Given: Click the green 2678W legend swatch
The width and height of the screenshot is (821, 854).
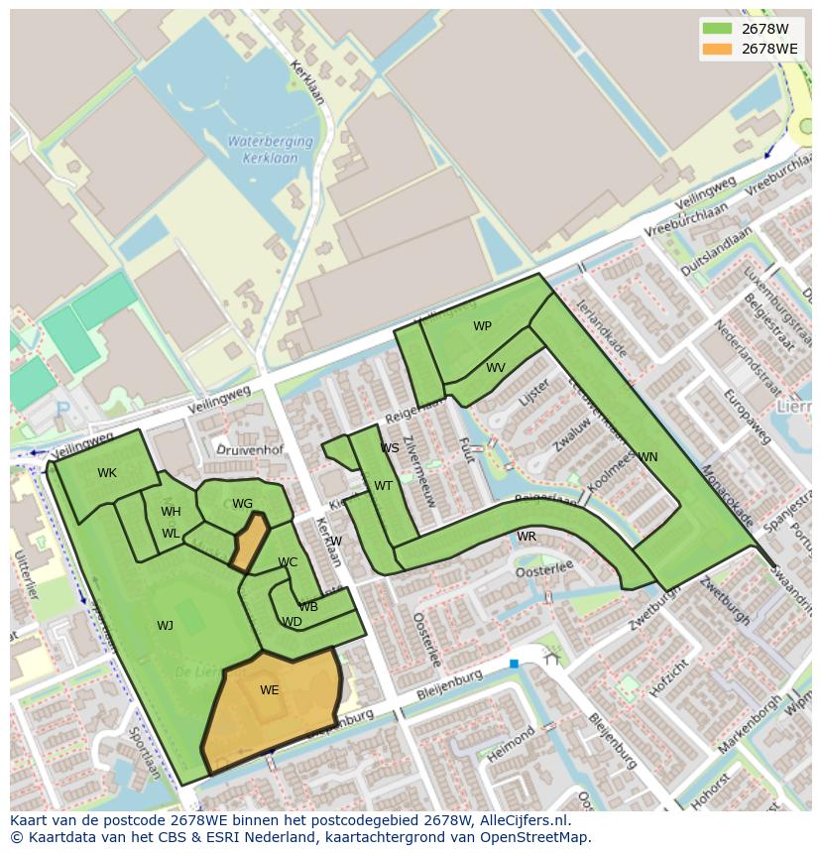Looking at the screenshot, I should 716,29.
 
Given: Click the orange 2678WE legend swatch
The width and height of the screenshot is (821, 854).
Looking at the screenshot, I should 716,49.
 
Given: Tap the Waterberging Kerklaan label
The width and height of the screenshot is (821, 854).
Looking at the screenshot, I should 270,148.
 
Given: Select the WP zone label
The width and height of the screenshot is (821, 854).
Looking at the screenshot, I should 482,326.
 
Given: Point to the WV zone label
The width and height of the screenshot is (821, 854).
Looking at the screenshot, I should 496,368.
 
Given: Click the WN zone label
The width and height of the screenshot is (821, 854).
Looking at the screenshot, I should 647,457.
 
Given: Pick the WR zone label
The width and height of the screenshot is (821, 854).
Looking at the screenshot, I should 527,537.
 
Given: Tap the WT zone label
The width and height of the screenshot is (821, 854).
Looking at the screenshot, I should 383,486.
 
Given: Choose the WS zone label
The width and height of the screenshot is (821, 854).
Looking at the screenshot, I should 390,448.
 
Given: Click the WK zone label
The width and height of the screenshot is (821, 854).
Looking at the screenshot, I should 107,473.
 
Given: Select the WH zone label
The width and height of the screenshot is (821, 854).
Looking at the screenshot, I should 171,512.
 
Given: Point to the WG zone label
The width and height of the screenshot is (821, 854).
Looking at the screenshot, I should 242,504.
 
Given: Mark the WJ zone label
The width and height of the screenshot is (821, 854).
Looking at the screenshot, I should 165,626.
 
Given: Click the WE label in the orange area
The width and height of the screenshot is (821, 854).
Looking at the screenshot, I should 270,690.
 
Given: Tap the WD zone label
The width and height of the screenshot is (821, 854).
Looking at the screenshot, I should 292,623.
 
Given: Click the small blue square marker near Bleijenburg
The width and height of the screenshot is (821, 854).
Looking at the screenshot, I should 514,664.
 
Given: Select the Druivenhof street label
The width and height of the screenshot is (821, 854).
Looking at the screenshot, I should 250,450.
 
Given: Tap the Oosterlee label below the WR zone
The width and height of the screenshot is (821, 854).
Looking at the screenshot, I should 544,566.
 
